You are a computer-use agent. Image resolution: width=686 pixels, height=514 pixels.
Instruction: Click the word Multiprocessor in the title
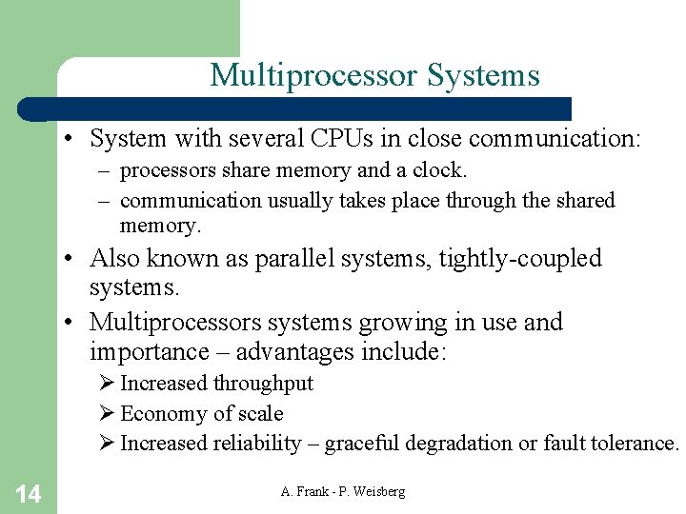[314, 75]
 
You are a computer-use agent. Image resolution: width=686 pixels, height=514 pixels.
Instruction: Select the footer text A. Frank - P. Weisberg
[343, 491]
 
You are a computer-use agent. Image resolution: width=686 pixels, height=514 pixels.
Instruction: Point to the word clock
[442, 170]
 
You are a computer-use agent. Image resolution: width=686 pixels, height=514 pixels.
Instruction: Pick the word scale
[261, 414]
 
